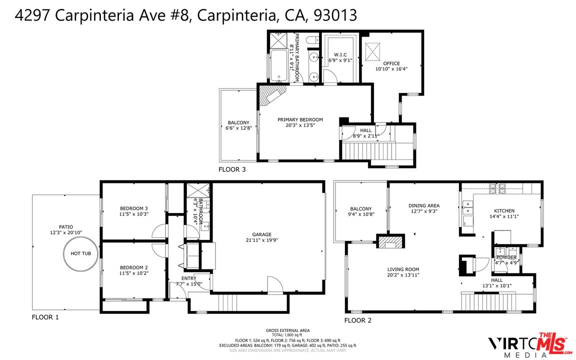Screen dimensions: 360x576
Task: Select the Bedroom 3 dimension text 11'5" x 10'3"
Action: tap(133, 214)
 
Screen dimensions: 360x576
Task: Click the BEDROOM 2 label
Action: tap(133, 267)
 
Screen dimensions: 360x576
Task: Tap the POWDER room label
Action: tap(506, 257)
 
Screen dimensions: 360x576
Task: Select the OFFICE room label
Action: tap(391, 63)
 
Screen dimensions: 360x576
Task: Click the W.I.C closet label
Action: tap(340, 54)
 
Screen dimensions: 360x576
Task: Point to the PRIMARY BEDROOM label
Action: tap(300, 119)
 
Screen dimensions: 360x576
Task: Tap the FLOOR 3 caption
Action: tap(232, 169)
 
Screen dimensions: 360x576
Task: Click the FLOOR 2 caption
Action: tap(358, 320)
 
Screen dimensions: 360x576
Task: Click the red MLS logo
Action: tap(552, 343)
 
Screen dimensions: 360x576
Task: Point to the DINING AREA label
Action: tap(423, 205)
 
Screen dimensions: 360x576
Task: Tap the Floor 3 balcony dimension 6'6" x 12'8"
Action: tap(238, 128)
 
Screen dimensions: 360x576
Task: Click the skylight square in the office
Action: tap(372, 50)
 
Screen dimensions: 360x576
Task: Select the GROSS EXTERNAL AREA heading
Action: tap(287, 330)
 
